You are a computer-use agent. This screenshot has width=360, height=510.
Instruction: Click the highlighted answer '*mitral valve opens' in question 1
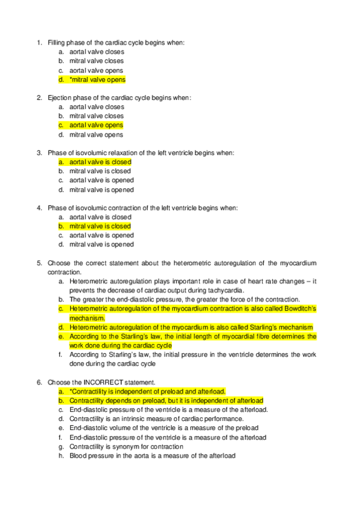[x=97, y=79]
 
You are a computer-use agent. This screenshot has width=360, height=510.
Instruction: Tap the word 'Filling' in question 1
[x=56, y=43]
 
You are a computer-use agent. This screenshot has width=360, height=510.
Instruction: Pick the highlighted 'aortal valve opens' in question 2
[x=96, y=125]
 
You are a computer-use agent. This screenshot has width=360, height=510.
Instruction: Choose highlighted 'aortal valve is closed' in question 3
[x=100, y=162]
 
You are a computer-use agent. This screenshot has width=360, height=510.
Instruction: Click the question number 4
[x=39, y=208]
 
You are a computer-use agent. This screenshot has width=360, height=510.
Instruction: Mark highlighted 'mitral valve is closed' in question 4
[x=100, y=226]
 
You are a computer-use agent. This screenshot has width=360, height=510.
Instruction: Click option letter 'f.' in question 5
[x=61, y=355]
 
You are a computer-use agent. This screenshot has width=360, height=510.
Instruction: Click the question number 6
[x=39, y=382]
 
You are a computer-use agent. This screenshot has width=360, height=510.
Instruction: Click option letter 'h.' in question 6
[x=61, y=456]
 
